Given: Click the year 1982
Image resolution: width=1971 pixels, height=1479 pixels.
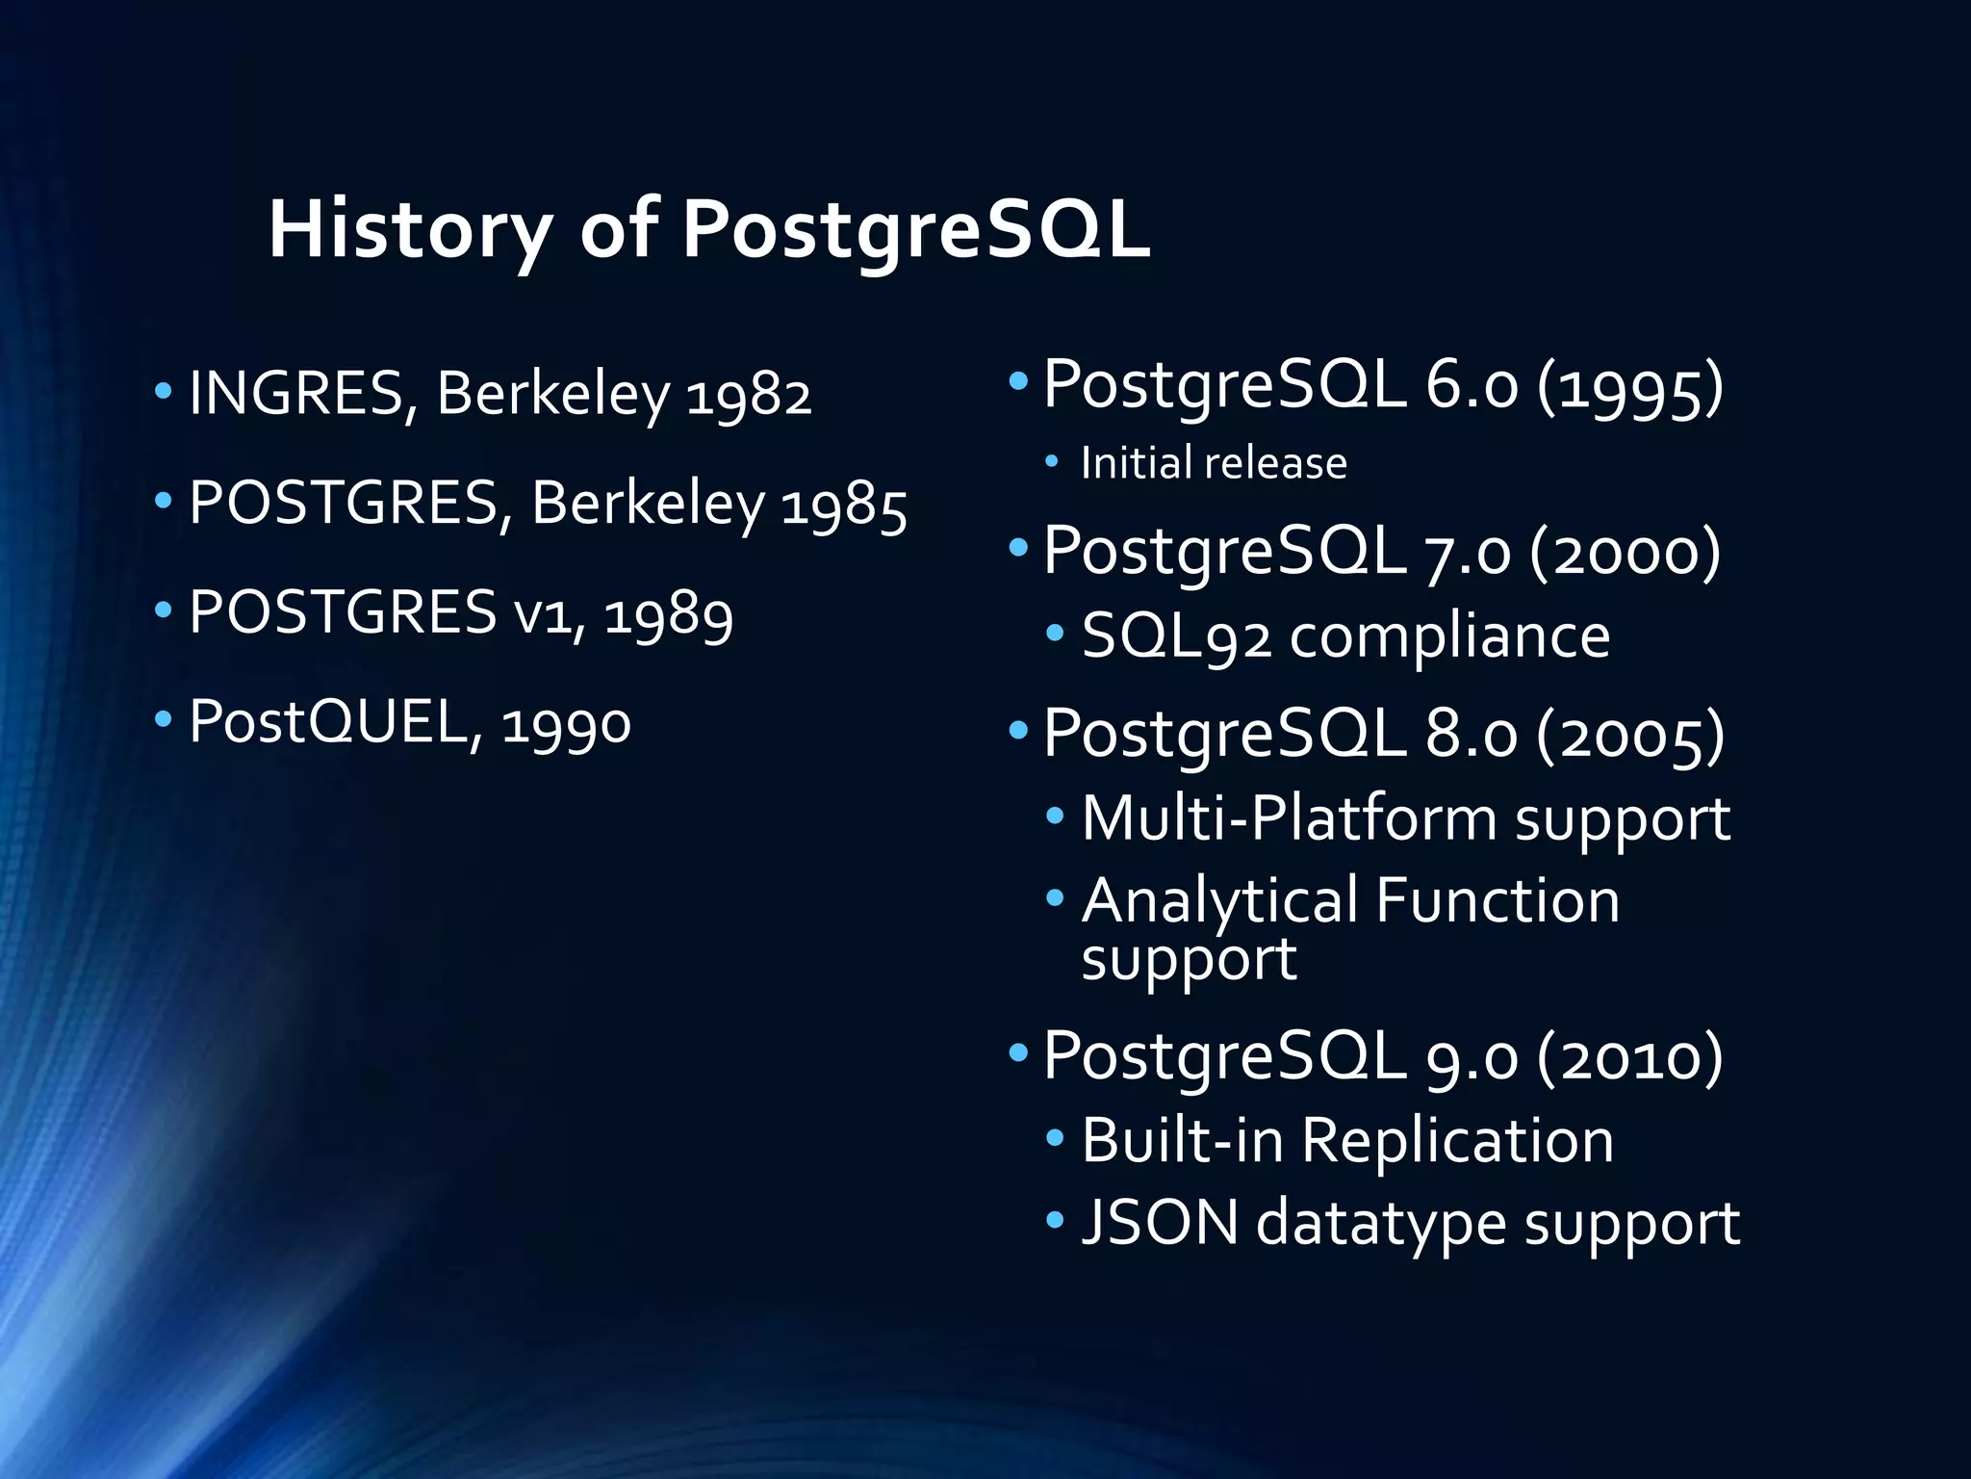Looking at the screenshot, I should coord(749,396).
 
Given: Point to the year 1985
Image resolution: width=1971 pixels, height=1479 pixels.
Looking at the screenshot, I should coord(843,506).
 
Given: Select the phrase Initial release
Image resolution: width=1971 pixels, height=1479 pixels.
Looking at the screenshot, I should coord(1214,463).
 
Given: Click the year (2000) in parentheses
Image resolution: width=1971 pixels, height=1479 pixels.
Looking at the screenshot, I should coord(1625,552).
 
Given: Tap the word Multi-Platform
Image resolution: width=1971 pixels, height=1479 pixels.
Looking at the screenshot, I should coord(1289,818).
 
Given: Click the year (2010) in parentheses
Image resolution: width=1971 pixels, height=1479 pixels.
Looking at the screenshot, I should coord(1629,1057).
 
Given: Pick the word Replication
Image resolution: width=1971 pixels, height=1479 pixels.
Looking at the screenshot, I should coord(1457,1141).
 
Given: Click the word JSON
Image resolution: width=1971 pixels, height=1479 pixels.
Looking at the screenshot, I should coord(1160,1223).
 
